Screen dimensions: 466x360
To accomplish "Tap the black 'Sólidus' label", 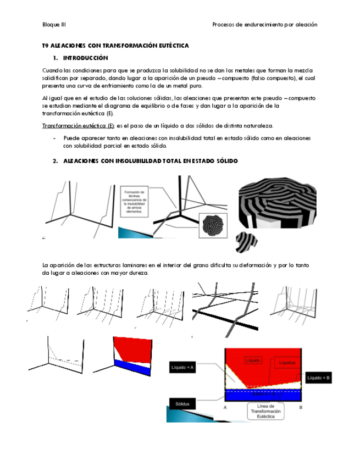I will tap(181, 404).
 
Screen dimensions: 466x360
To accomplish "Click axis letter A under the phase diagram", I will tap(225, 408).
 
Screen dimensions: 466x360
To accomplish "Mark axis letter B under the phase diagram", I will tap(301, 408).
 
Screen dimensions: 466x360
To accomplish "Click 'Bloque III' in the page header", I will tap(54, 25).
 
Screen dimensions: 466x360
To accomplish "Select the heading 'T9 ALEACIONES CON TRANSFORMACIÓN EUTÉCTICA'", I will tap(115, 46).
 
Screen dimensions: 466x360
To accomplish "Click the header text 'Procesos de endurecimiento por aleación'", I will tap(264, 25).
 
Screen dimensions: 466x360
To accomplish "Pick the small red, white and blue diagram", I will tap(131, 357).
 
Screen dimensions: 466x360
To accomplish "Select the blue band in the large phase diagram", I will tap(263, 395).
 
